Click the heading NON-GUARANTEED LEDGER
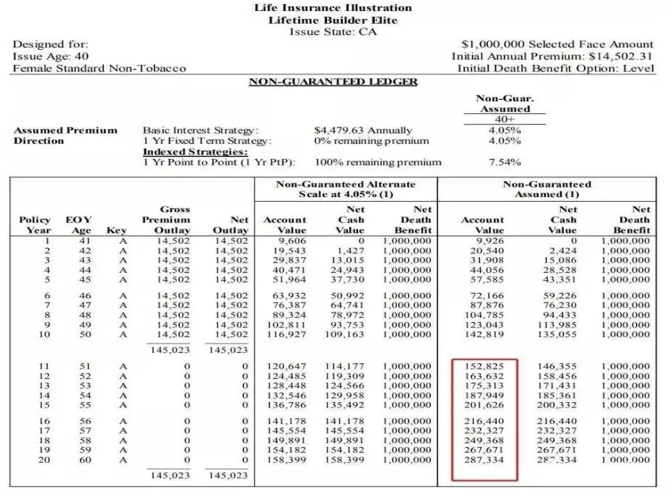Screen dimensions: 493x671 click(x=333, y=82)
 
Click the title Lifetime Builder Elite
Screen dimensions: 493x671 click(x=333, y=20)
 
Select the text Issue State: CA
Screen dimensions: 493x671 click(x=333, y=32)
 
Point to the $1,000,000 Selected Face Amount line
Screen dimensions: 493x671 click(x=557, y=44)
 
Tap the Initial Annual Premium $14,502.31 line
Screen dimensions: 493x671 click(x=553, y=56)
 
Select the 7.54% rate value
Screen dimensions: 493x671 click(x=504, y=162)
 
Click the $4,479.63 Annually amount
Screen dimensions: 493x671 click(x=363, y=130)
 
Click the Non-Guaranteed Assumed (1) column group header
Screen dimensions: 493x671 click(x=547, y=189)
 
